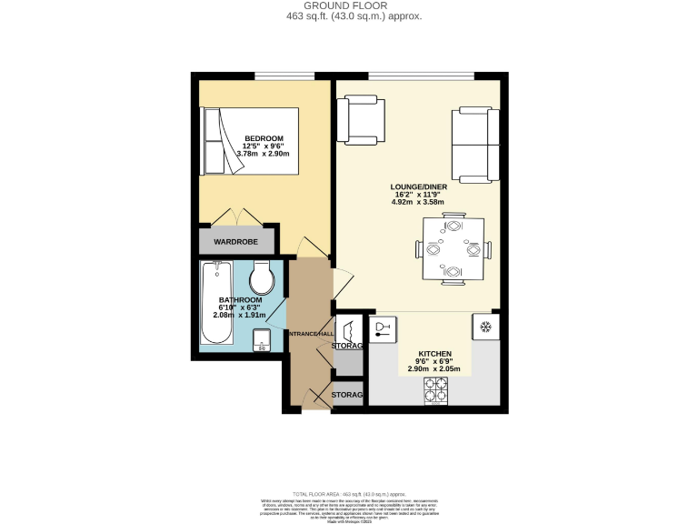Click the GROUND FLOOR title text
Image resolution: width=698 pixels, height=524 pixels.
pyautogui.click(x=349, y=5)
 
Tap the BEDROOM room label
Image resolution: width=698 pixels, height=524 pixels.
pyautogui.click(x=264, y=138)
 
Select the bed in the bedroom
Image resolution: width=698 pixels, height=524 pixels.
pyautogui.click(x=251, y=141)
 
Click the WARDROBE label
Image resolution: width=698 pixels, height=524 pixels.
pyautogui.click(x=235, y=242)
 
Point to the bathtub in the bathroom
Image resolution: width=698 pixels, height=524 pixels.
pyautogui.click(x=216, y=303)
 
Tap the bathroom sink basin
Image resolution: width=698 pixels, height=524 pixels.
pyautogui.click(x=263, y=339)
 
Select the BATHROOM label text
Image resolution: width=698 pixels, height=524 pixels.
pyautogui.click(x=240, y=300)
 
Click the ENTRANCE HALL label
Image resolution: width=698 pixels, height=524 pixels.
pyautogui.click(x=311, y=335)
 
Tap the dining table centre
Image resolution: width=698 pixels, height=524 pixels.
pyautogui.click(x=452, y=248)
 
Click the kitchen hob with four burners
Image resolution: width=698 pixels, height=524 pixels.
pyautogui.click(x=436, y=390)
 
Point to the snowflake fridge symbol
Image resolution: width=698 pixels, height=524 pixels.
pyautogui.click(x=484, y=327)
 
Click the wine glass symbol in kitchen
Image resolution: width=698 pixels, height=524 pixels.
pyautogui.click(x=382, y=328)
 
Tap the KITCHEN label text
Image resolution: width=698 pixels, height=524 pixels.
pyautogui.click(x=434, y=353)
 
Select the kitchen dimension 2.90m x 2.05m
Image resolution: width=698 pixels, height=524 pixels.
pyautogui.click(x=434, y=368)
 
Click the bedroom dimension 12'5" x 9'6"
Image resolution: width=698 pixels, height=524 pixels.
pyautogui.click(x=264, y=146)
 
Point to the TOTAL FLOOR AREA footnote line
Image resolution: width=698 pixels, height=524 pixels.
pyautogui.click(x=349, y=492)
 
